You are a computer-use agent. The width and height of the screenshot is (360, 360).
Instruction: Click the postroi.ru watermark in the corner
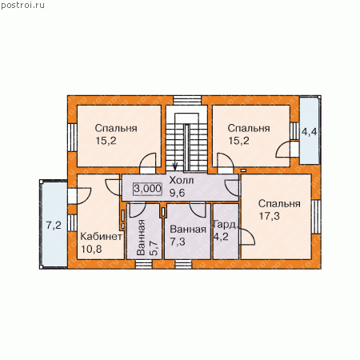click(22, 6)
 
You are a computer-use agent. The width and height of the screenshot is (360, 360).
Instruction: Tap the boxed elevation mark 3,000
click(147, 189)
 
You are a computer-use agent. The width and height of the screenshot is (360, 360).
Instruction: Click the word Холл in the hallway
click(182, 181)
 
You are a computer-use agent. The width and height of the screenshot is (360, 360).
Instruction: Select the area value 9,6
click(178, 193)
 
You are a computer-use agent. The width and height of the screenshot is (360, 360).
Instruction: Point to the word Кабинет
click(102, 236)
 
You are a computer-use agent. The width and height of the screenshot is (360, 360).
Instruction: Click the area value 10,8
click(91, 249)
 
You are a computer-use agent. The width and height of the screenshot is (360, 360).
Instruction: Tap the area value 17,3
click(270, 216)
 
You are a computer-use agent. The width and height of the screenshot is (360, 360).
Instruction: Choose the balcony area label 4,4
click(309, 131)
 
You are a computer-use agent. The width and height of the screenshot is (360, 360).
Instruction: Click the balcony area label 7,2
click(54, 226)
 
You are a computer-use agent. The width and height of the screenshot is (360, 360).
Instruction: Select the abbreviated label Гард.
click(226, 225)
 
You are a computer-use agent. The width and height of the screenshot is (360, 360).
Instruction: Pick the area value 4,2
click(221, 237)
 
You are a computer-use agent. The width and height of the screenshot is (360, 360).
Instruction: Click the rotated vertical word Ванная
click(141, 238)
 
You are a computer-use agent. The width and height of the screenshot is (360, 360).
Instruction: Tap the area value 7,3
click(178, 242)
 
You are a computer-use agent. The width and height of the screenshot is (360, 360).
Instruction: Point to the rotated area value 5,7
click(154, 248)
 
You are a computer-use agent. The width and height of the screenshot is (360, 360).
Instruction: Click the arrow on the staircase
click(175, 166)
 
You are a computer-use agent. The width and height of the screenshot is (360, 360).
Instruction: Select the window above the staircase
click(187, 100)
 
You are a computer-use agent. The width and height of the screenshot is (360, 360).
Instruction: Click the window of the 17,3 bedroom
click(316, 217)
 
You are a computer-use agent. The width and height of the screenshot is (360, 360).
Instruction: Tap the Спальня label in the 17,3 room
click(279, 204)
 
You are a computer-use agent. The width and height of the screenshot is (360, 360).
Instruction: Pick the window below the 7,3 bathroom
click(183, 264)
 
